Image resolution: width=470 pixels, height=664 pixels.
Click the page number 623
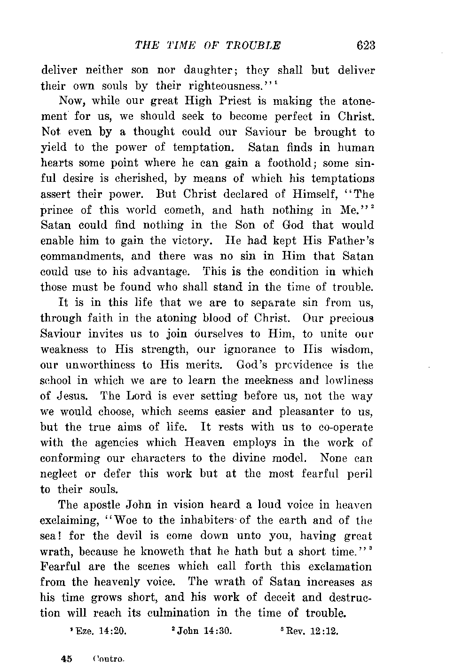coord(366,46)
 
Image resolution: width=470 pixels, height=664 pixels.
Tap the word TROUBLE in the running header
coord(253,46)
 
